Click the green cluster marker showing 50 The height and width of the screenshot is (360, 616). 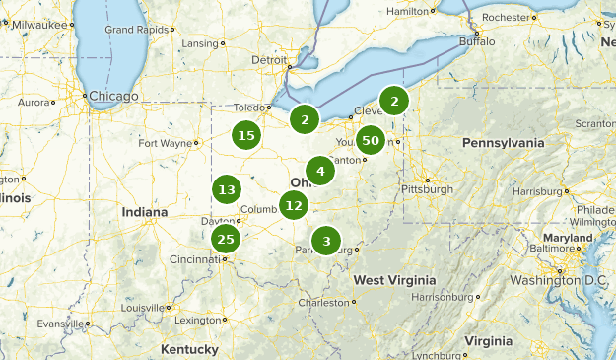[x=371, y=141]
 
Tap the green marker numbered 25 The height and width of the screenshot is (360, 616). [x=226, y=239]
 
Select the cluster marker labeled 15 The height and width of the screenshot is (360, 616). [x=246, y=136]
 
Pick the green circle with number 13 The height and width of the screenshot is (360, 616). [x=227, y=190]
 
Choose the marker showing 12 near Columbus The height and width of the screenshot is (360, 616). [x=293, y=206]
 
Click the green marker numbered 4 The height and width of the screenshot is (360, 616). [x=319, y=171]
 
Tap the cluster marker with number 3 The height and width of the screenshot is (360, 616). [x=326, y=241]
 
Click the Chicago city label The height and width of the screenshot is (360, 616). [x=113, y=96]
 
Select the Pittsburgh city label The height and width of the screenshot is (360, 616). [x=426, y=188]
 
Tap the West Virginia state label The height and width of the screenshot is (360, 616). [x=395, y=280]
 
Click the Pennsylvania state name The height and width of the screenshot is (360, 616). [x=503, y=143]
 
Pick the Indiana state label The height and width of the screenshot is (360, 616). [x=144, y=212]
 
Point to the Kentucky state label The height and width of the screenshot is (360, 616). [x=188, y=349]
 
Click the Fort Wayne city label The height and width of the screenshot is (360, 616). [x=165, y=143]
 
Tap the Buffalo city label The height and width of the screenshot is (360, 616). [x=481, y=42]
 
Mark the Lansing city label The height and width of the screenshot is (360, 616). [x=199, y=43]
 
